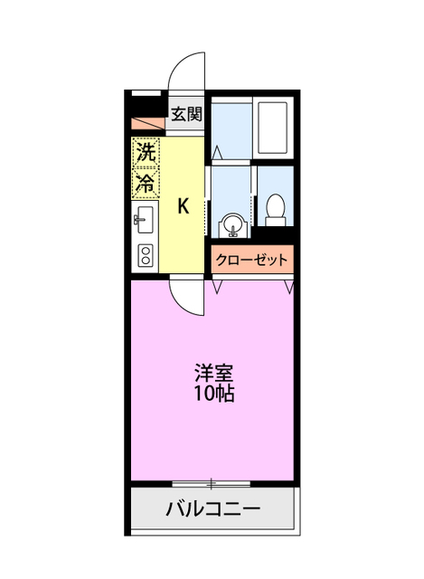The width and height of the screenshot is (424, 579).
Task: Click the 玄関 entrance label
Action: pos(188,115)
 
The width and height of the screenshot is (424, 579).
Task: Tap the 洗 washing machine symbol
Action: pos(145,153)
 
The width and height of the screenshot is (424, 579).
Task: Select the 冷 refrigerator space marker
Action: pos(145,182)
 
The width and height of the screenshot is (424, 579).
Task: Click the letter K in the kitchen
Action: pos(183,205)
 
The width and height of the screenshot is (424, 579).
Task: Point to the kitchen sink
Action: pos(145,221)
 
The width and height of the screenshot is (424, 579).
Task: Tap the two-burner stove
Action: pos(145,254)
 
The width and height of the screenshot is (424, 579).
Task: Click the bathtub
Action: pos(272,128)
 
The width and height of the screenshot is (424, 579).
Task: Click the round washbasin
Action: pos(233,223)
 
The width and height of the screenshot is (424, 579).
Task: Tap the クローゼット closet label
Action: pos(252,261)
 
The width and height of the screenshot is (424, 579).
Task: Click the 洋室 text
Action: pos(213,373)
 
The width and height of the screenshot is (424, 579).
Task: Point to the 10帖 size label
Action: pos(213,394)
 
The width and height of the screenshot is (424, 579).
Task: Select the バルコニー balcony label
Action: pos(213,508)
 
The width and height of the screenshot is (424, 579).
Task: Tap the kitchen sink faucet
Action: pos(138,220)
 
